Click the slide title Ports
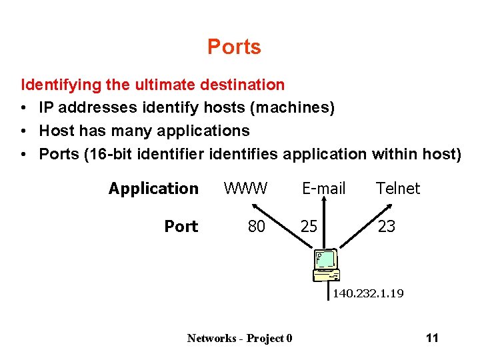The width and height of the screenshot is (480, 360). tap(234, 47)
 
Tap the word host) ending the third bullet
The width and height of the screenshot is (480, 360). tap(442, 154)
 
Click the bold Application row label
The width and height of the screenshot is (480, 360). tap(153, 189)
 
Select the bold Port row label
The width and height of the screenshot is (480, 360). tap(181, 227)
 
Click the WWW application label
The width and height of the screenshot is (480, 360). tap(245, 189)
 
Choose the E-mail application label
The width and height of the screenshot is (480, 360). tap(324, 189)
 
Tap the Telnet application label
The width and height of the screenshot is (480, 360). tap(398, 189)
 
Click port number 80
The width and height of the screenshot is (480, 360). tap(256, 227)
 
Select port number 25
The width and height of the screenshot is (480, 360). tap(309, 227)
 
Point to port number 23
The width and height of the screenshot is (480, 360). tap(387, 227)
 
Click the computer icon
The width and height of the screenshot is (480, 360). tap(327, 267)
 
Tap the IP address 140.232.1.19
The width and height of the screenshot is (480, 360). tap(368, 293)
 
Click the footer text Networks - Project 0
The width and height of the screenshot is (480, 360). tap(239, 338)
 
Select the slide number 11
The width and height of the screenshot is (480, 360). tap(432, 337)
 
